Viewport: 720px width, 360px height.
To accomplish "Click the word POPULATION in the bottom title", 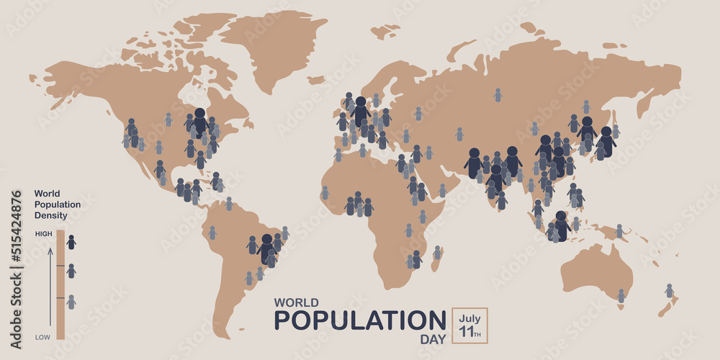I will [x=360, y=320].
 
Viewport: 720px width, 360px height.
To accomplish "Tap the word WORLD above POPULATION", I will [x=296, y=302].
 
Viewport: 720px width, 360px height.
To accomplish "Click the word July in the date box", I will [x=469, y=318].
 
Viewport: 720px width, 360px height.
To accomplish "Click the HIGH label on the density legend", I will [x=43, y=234].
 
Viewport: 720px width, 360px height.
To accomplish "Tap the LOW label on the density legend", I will [x=43, y=336].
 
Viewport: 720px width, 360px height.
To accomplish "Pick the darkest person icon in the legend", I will [x=71, y=243].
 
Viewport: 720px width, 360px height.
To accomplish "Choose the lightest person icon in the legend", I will [x=71, y=302].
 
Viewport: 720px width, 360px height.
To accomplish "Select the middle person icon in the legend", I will [x=71, y=271].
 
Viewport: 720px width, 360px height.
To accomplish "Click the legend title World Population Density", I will [x=57, y=204].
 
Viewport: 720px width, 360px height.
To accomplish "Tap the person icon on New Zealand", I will [x=669, y=291].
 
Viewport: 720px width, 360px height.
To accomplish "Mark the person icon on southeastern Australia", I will [x=621, y=296].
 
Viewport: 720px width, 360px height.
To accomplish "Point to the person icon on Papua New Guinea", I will [x=618, y=231].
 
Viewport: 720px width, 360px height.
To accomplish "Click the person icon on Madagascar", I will [x=436, y=253].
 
